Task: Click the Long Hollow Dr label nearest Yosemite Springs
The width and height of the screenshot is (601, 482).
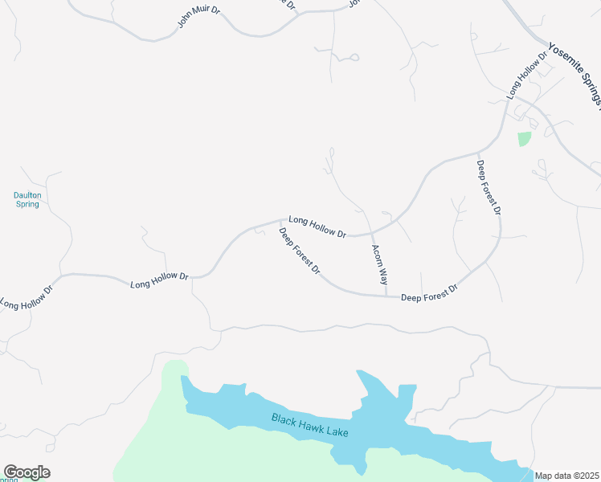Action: [x=526, y=75]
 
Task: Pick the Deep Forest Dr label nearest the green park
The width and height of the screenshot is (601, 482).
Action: [x=489, y=188]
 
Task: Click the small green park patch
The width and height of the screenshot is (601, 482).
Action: [x=524, y=138]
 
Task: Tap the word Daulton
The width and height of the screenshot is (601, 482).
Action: [x=27, y=195]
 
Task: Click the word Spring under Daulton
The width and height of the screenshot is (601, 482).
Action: [x=27, y=205]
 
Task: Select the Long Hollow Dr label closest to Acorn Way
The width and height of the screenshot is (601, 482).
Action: [x=317, y=227]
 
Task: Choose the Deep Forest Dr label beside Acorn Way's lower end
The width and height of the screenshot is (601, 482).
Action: [x=429, y=293]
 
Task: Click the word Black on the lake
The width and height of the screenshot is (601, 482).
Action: [x=284, y=419]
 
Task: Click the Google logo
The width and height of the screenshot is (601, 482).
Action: [x=27, y=472]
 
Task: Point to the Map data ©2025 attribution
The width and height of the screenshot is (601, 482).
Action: [x=566, y=476]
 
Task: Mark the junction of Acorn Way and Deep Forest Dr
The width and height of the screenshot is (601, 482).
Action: [x=386, y=296]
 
